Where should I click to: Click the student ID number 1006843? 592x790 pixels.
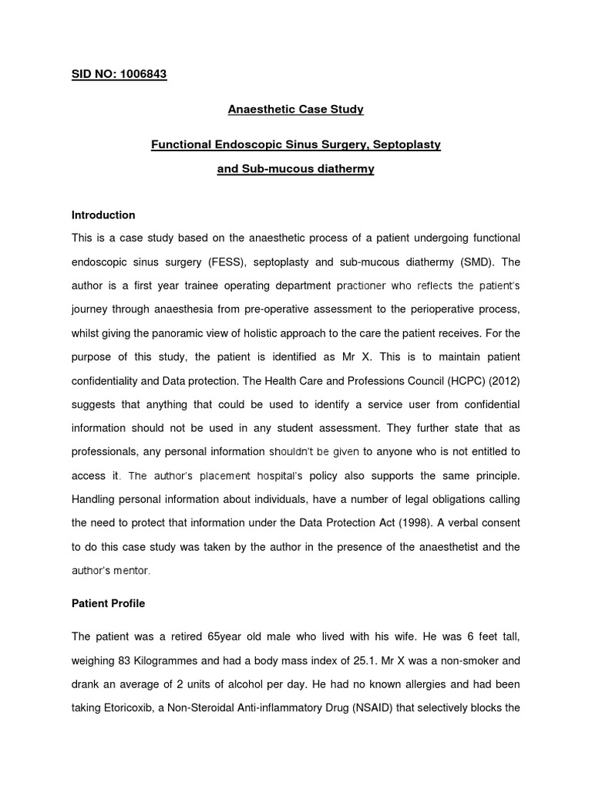(x=141, y=74)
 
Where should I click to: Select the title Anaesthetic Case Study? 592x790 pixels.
(x=295, y=109)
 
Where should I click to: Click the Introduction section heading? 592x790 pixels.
(x=103, y=214)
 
